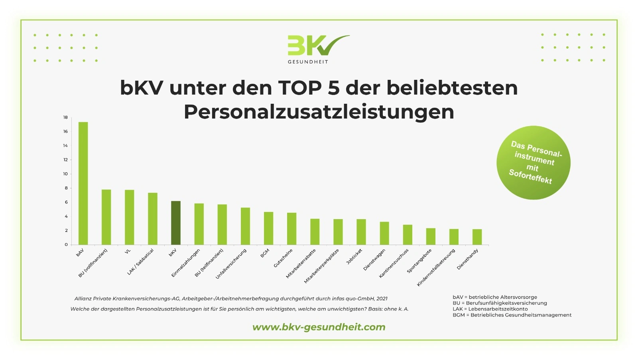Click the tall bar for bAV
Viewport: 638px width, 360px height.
(x=83, y=183)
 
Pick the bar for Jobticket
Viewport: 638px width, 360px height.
(x=361, y=232)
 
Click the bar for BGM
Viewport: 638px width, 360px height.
(x=268, y=228)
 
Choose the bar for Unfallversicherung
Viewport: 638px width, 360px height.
(x=245, y=226)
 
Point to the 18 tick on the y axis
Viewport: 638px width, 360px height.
(x=65, y=117)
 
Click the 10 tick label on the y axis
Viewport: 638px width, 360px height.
(x=65, y=174)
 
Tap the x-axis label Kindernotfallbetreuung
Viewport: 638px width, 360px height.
(x=435, y=268)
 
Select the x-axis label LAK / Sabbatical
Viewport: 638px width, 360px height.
(x=140, y=262)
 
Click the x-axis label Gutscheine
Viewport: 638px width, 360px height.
(x=283, y=258)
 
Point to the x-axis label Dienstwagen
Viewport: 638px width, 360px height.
(x=374, y=260)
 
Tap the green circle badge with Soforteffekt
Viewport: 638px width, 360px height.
(x=533, y=163)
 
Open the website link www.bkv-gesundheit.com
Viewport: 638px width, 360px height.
(x=319, y=327)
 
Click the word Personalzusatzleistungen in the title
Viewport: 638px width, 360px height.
(x=319, y=112)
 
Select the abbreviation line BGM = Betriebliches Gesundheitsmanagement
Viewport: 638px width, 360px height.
(x=512, y=315)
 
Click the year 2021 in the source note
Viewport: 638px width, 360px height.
(x=382, y=299)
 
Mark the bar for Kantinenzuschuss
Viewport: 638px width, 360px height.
(x=407, y=235)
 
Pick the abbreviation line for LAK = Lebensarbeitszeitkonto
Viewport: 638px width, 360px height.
(x=490, y=309)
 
